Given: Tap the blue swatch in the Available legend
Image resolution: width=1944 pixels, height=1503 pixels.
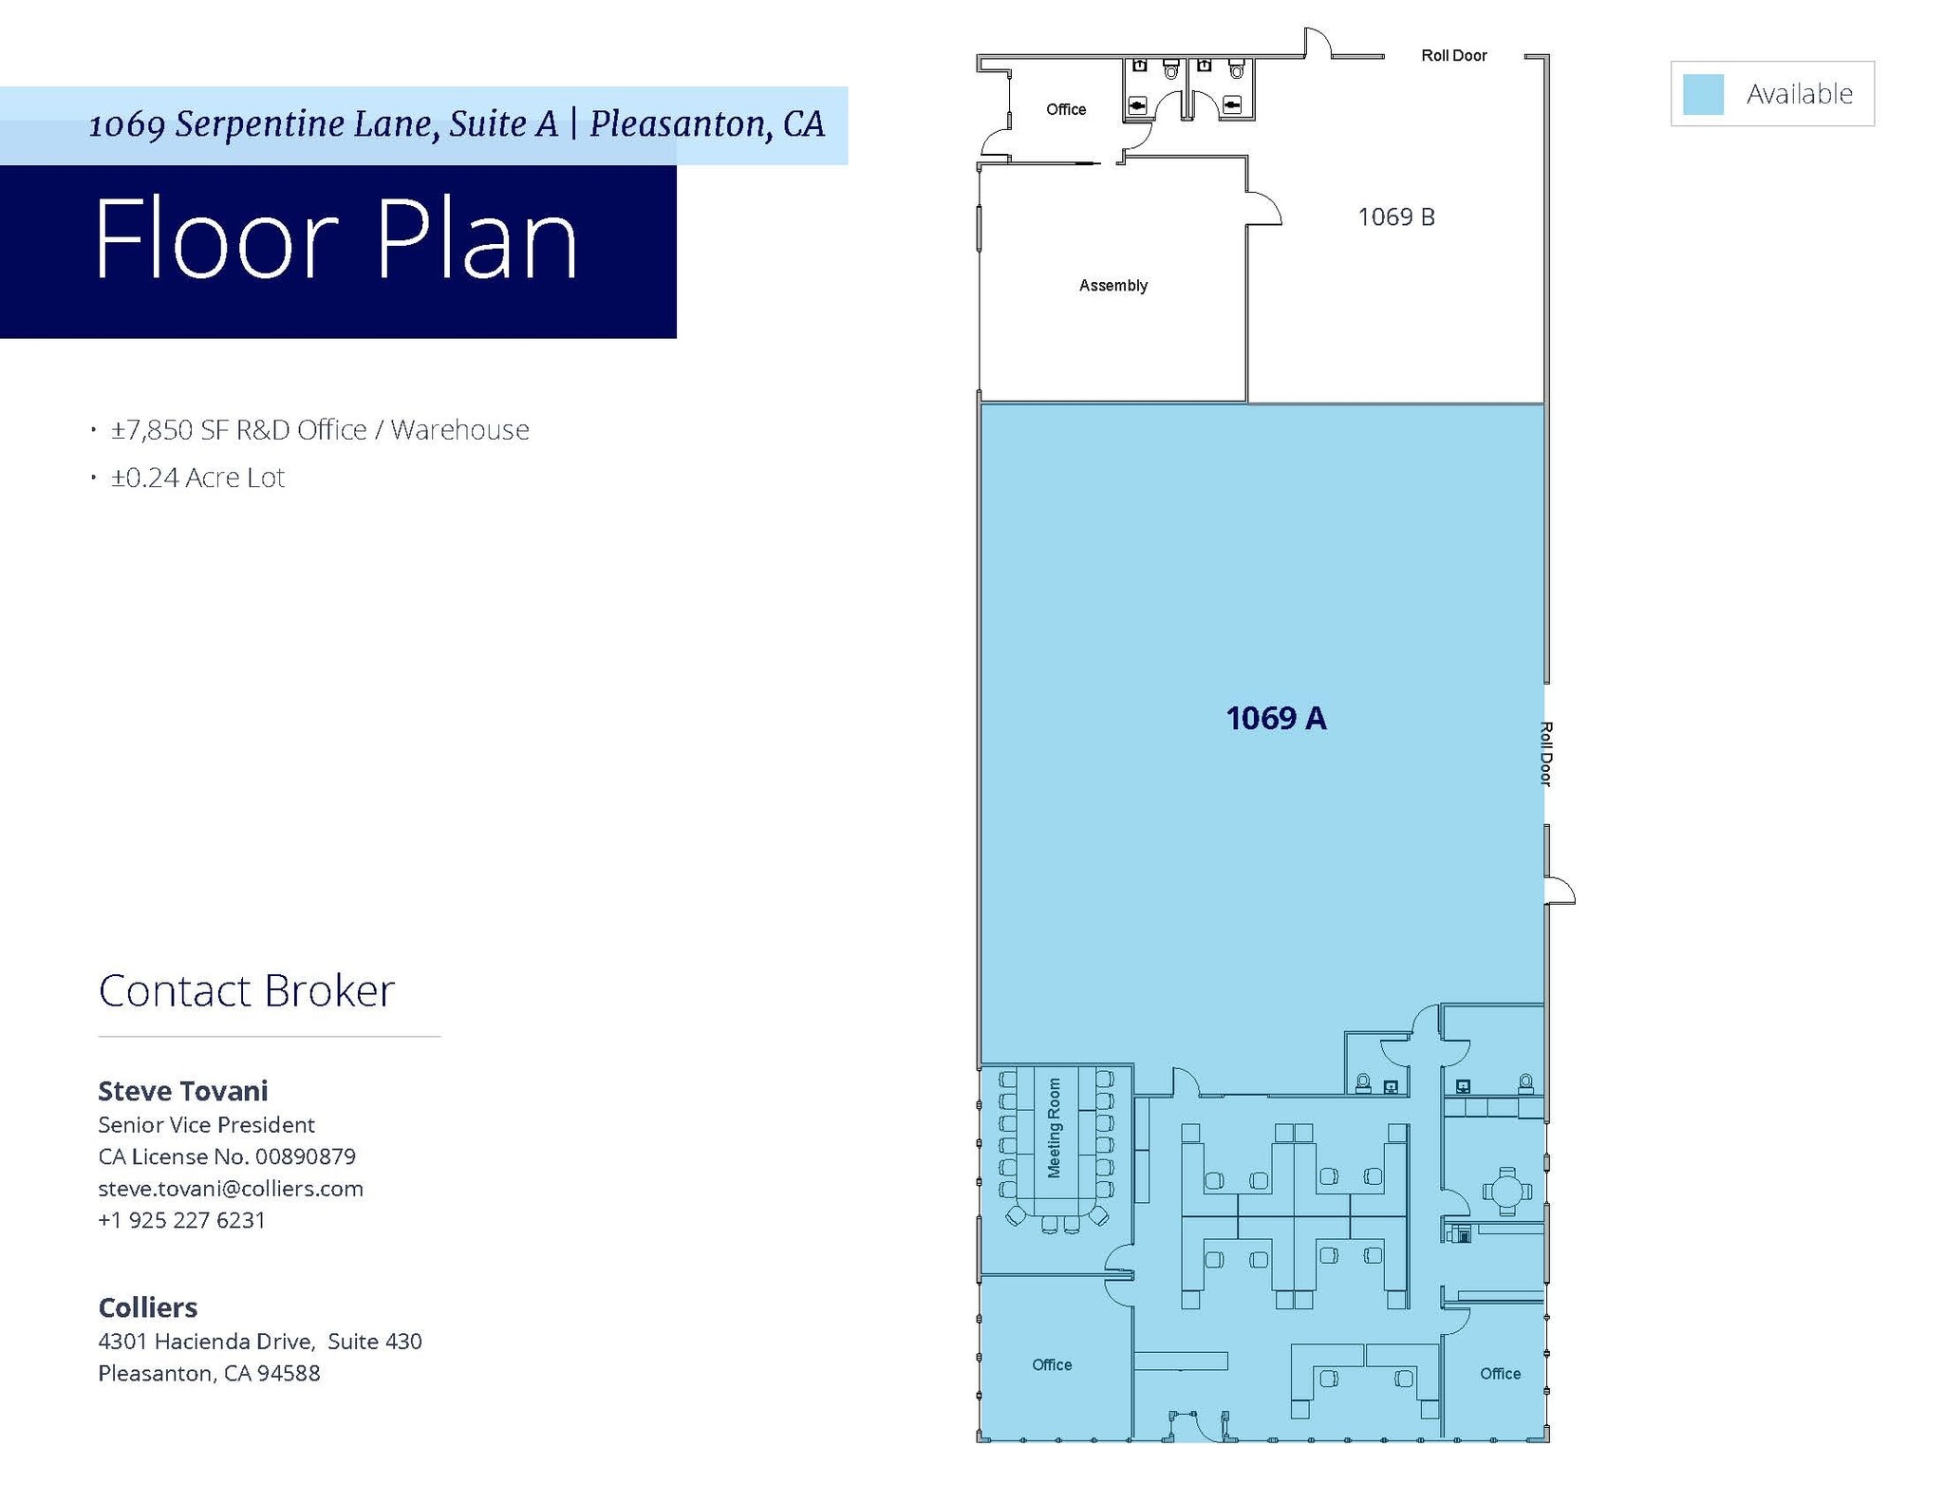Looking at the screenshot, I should click(x=1703, y=94).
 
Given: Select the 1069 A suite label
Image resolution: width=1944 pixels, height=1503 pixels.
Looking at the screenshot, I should click(x=1276, y=719).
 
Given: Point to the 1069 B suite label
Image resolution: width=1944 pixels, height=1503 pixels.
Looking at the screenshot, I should click(x=1395, y=217).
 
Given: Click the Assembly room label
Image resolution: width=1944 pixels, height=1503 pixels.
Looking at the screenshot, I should click(x=1112, y=286).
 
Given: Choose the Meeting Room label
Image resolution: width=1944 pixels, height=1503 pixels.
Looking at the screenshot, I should click(x=1054, y=1127).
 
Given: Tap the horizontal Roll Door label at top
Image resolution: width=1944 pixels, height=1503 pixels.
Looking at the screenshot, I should click(x=1453, y=56).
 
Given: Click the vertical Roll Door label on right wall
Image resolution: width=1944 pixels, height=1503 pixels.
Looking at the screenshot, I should click(x=1545, y=754).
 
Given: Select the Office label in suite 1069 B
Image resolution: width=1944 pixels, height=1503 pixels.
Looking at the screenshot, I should click(x=1065, y=110).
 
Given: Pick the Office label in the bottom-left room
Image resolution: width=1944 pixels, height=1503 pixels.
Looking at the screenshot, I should click(x=1052, y=1364).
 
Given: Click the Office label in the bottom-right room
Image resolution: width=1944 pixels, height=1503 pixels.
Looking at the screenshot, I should click(x=1500, y=1374).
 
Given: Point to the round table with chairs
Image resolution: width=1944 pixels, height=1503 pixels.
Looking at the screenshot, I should click(x=1506, y=1191).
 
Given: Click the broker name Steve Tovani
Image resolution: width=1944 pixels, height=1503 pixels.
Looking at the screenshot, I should click(x=183, y=1091).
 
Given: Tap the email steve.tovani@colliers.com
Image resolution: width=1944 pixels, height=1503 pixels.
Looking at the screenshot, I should click(x=231, y=1189).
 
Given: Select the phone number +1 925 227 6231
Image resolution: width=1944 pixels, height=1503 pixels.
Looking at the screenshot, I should click(x=181, y=1220).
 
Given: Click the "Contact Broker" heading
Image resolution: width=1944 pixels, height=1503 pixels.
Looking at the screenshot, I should click(x=246, y=991).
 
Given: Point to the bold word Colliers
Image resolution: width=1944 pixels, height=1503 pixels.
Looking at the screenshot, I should click(x=148, y=1307).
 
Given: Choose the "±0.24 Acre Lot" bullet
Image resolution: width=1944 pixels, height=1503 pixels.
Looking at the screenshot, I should click(x=197, y=478).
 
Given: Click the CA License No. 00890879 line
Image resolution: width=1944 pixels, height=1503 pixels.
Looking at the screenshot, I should click(x=227, y=1156).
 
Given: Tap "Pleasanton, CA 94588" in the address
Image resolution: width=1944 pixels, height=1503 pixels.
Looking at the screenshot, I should click(x=209, y=1373).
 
